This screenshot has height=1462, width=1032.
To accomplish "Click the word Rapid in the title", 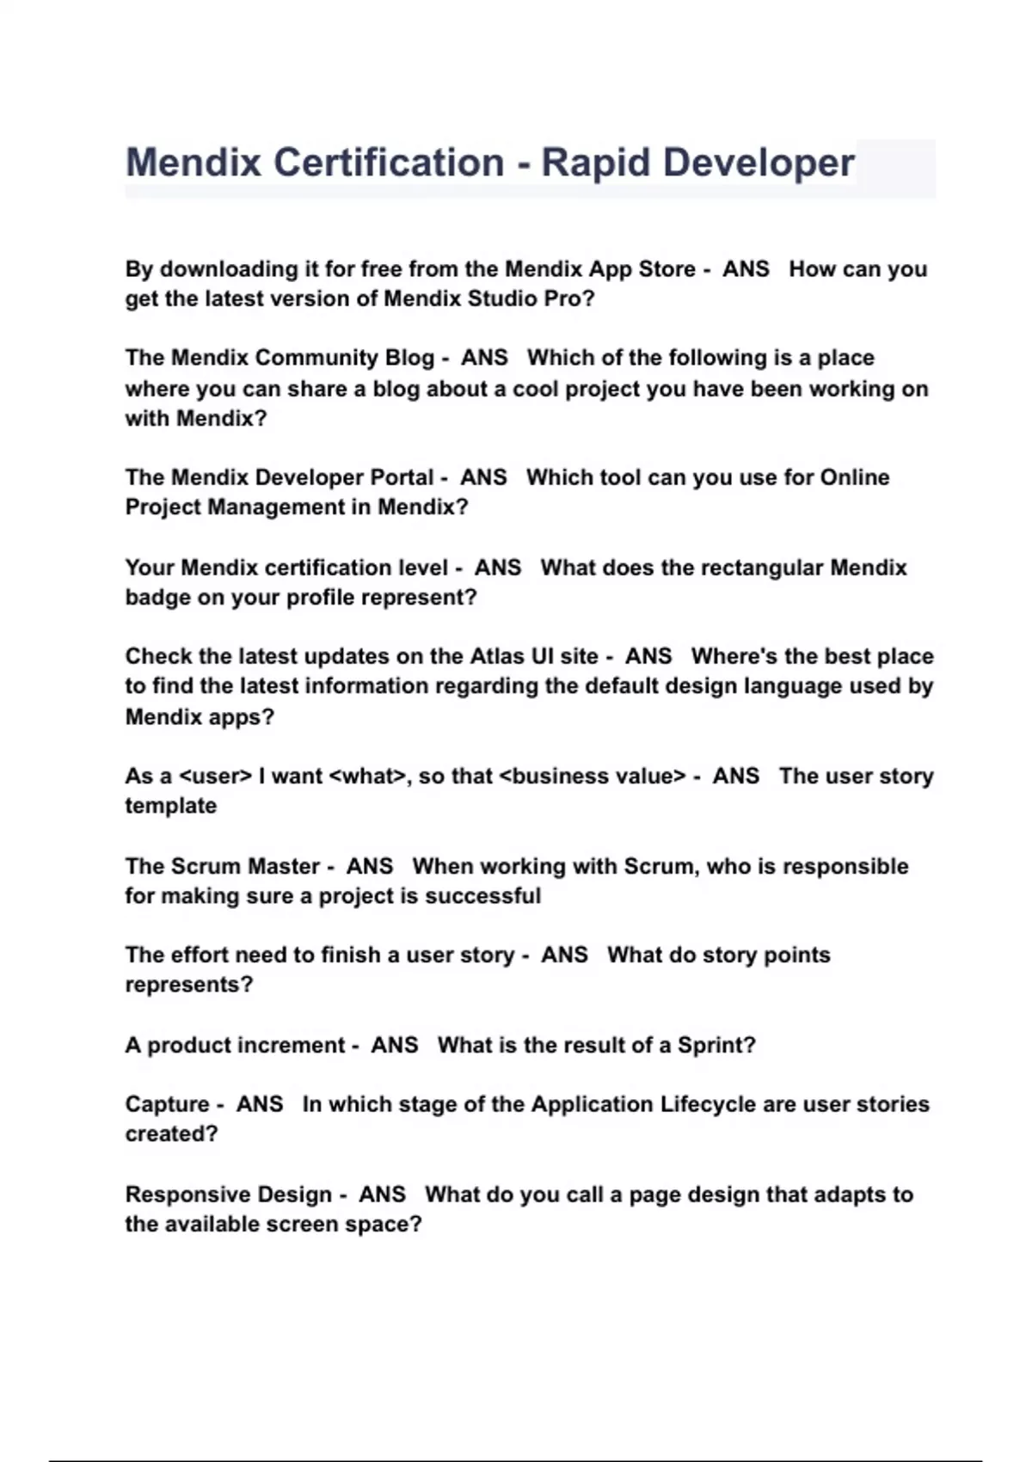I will click(594, 163).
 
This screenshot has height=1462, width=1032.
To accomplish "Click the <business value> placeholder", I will click(593, 776).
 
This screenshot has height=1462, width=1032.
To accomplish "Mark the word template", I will click(170, 806).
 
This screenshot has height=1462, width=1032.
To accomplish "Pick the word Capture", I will click(167, 1104).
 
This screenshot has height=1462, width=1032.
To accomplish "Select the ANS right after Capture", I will click(260, 1104).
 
